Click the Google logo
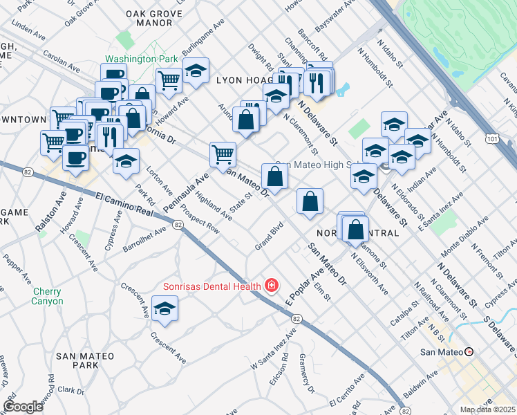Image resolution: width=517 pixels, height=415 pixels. click(23, 407)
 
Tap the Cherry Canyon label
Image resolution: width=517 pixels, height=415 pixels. click(48, 296)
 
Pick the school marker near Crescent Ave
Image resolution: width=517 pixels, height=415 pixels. click(165, 309)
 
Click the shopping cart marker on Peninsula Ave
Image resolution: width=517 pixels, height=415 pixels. click(223, 154)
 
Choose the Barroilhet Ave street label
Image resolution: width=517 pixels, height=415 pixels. click(144, 238)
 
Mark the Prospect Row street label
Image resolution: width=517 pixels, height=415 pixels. click(200, 219)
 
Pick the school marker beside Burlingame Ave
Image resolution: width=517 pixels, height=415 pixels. click(196, 71)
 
